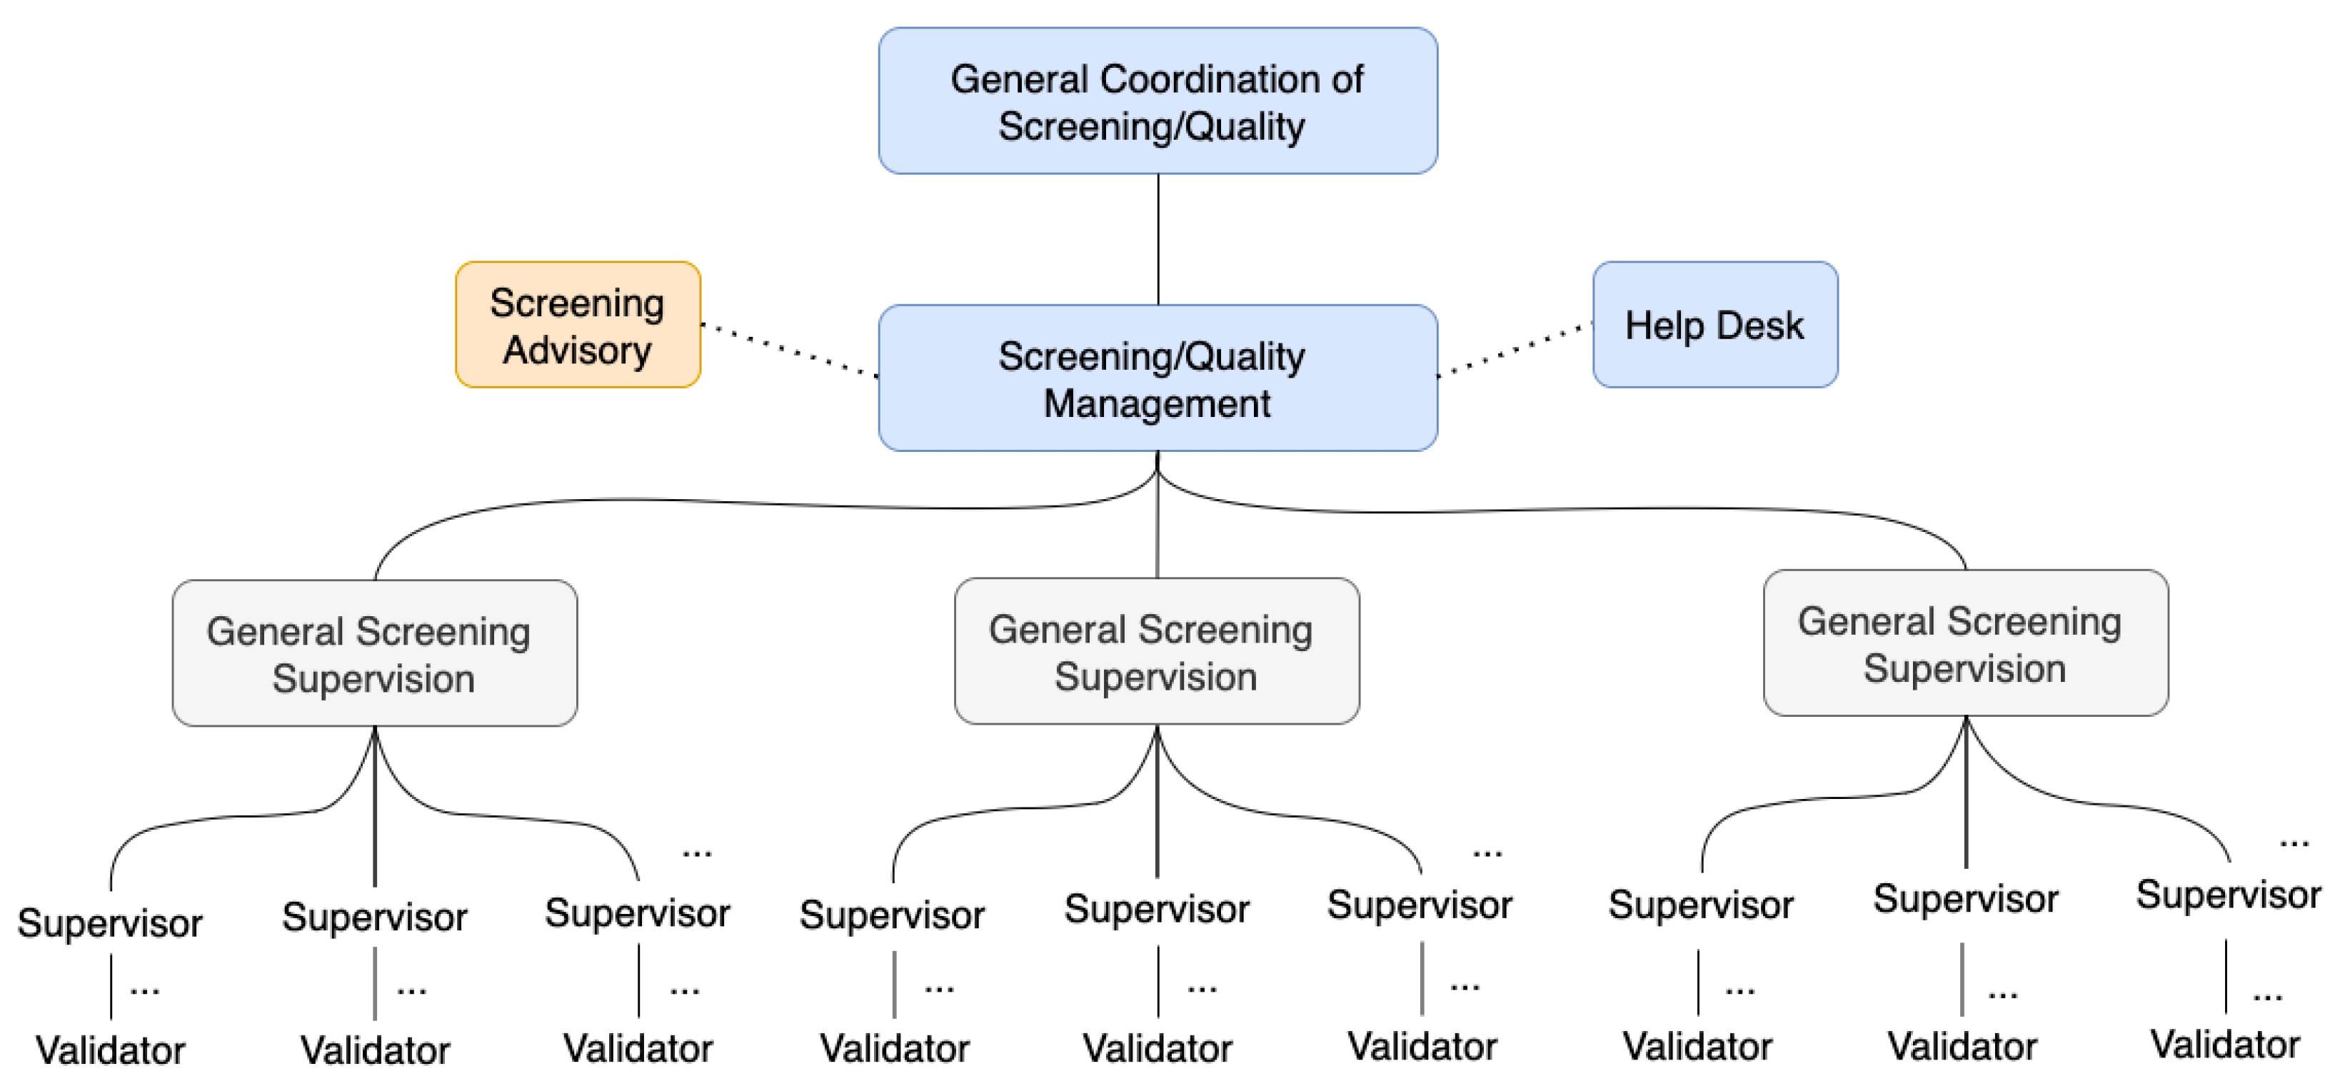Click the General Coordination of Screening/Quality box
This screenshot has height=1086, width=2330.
(x=1157, y=101)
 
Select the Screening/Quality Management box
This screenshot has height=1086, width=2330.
(x=1157, y=378)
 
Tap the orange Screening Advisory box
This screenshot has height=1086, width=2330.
(x=577, y=325)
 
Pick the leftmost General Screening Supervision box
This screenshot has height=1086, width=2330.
(x=373, y=653)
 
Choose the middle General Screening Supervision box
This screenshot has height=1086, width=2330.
(x=1156, y=651)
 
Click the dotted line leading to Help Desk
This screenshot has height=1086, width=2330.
(x=1515, y=349)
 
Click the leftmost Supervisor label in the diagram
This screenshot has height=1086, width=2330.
(x=109, y=923)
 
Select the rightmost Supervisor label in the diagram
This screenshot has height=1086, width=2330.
(x=2227, y=895)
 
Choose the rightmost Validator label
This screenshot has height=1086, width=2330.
(x=2224, y=1045)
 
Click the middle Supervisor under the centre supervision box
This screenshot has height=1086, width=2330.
(x=1156, y=909)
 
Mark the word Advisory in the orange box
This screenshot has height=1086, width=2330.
(x=577, y=350)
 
